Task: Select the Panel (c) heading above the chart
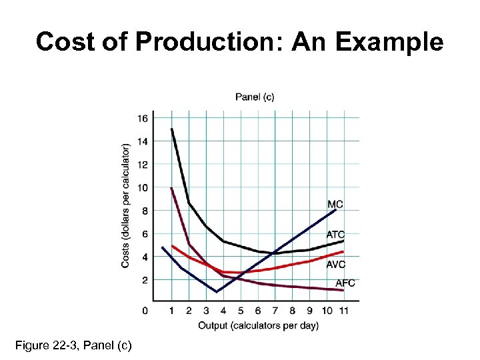point(255,97)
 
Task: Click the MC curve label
point(335,204)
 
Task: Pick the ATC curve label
point(335,235)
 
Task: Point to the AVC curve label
point(335,265)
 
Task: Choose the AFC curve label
point(345,283)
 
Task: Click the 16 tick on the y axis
point(143,119)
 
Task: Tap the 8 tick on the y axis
point(145,211)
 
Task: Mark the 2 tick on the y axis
point(145,280)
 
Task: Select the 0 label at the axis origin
point(145,311)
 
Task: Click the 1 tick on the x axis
point(171,311)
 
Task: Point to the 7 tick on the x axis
point(275,311)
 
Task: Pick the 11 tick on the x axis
point(343,311)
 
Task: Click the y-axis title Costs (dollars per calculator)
point(126,206)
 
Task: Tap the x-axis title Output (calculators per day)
point(258,325)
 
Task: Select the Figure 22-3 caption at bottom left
point(73,345)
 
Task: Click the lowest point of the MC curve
point(216,292)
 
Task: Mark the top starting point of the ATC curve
point(172,129)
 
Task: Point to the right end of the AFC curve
point(343,290)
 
